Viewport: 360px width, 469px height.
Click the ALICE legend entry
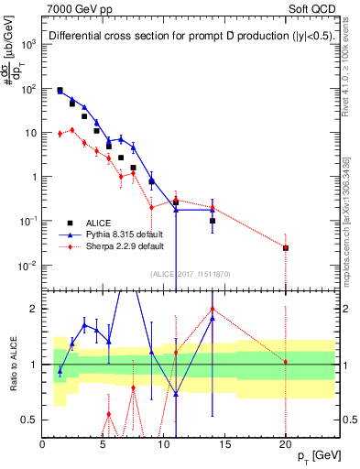[98, 222]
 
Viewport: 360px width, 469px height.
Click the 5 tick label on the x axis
[104, 442]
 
